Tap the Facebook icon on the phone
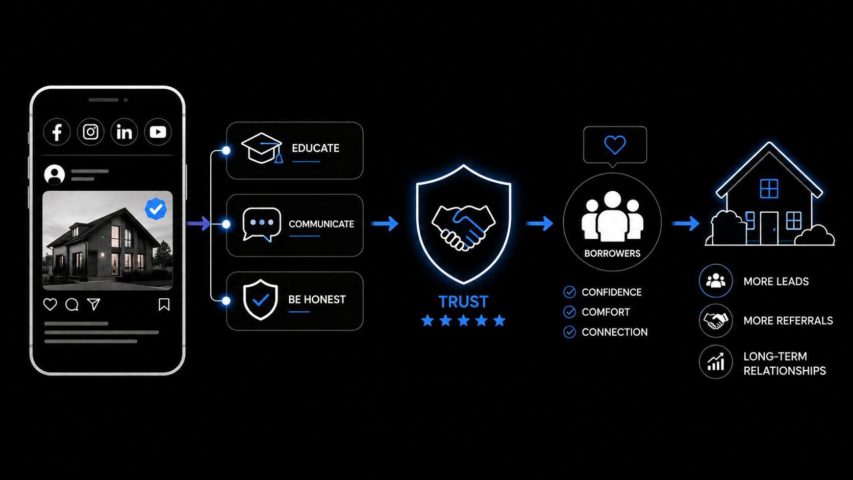point(57,132)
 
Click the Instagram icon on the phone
point(91,132)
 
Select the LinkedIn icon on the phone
point(124,132)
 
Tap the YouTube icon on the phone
point(158,132)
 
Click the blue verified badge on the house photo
point(156,209)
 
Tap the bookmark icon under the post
point(164,305)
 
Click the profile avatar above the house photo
point(55,174)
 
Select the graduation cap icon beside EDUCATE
point(262,148)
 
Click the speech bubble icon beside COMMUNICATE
point(262,224)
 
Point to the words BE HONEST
point(317,299)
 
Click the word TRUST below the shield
point(463,302)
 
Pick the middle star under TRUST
point(463,320)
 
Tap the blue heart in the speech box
point(615,145)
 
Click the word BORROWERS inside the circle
point(612,254)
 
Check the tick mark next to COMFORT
point(570,312)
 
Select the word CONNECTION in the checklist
point(615,332)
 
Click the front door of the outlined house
point(769,228)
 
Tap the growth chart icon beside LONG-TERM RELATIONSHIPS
point(716,362)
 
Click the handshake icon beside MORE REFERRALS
point(716,321)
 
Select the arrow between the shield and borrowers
point(539,223)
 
